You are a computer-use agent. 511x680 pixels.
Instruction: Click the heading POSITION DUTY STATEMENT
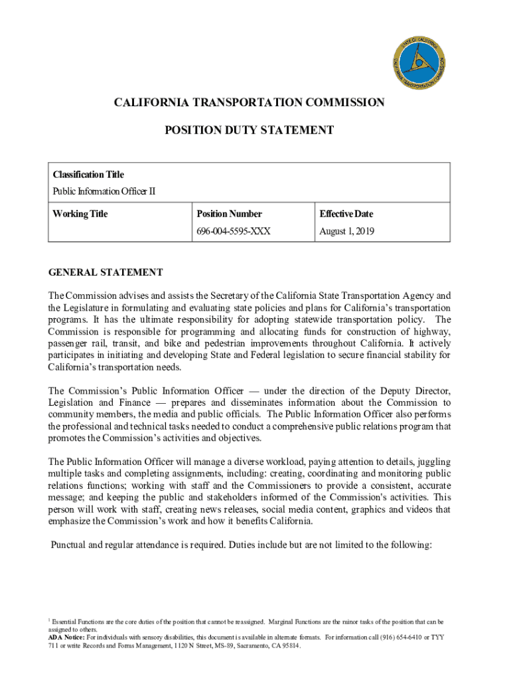point(249,131)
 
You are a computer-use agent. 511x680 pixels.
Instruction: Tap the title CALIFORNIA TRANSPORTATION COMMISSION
point(249,102)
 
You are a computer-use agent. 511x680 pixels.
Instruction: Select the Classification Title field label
point(88,175)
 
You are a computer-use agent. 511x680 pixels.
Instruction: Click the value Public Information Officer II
point(104,192)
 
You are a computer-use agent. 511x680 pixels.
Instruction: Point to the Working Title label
point(80,214)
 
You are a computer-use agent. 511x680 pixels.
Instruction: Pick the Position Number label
point(229,214)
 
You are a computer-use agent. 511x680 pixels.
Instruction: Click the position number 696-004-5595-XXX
point(234,232)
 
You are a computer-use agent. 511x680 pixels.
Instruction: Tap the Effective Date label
point(346,214)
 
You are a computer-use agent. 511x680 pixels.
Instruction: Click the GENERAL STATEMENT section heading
point(106,272)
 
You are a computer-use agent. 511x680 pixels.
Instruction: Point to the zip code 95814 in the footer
point(289,645)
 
